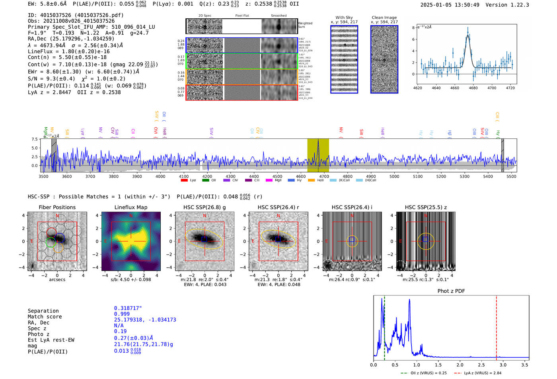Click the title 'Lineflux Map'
coord(130,207)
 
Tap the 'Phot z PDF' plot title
coord(451,291)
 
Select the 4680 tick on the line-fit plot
coord(473,88)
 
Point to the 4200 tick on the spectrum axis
coord(207,176)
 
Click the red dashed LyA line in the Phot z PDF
coord(497,326)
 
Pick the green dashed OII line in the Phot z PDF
coord(384,326)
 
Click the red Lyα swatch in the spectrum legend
coord(184,180)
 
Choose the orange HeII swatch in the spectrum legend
coord(311,180)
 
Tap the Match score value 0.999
coord(122,314)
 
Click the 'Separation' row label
coord(43,311)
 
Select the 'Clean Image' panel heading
coord(384,17)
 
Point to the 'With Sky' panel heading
coord(344,17)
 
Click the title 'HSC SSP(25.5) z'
coord(426,207)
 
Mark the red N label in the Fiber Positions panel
coord(57,216)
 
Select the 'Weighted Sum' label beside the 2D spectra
coord(305,25)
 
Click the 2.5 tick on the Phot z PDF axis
coord(481,365)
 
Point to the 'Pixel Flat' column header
coord(242,16)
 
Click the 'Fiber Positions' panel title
coord(57,207)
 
